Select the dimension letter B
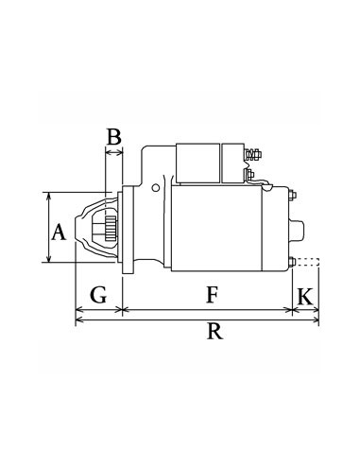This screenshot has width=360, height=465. click(x=113, y=137)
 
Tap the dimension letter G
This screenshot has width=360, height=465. click(x=97, y=295)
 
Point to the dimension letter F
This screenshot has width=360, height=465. click(x=213, y=295)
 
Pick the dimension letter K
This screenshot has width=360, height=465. click(x=304, y=295)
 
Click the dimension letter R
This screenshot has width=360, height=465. click(x=215, y=331)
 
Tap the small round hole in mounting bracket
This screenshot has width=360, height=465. click(x=149, y=186)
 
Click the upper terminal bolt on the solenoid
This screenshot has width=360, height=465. click(x=253, y=153)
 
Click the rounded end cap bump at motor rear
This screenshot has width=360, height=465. click(x=301, y=229)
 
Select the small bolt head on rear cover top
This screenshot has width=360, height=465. click(x=292, y=197)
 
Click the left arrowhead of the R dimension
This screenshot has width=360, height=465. click(x=77, y=320)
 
